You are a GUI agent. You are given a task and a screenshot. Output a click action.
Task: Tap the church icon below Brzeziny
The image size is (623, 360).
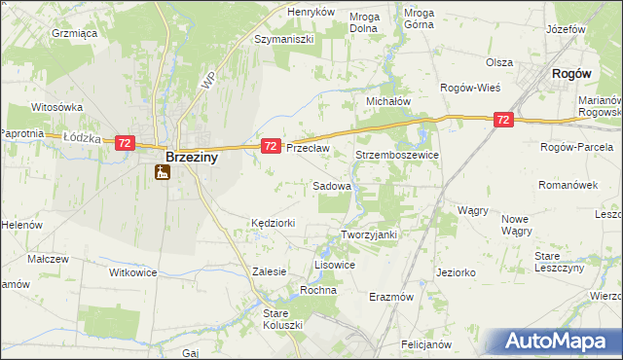click(162, 173)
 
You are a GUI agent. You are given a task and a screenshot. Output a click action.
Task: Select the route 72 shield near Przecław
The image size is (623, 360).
click(272, 146)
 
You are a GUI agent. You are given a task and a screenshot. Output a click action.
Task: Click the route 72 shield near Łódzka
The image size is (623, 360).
click(124, 143)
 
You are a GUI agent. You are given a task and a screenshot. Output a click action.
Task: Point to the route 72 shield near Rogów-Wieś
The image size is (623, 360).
click(502, 120)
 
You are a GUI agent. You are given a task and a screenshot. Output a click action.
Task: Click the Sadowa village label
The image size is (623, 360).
click(331, 185)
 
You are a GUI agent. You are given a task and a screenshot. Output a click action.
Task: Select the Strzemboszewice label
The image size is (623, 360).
click(398, 155)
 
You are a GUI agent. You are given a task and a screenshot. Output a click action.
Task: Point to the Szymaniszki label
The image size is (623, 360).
click(283, 40)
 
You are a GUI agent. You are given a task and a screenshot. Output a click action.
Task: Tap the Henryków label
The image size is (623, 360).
click(311, 12)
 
